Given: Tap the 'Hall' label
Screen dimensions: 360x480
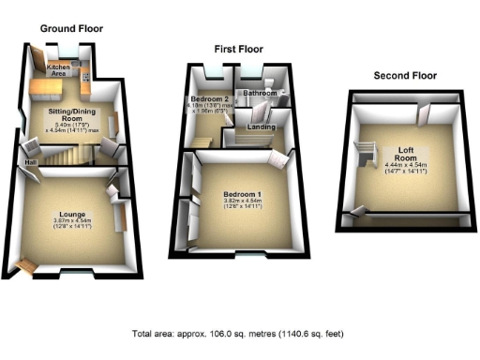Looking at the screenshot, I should click(30, 163).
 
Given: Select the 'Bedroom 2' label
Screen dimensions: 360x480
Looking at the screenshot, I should click(210, 97).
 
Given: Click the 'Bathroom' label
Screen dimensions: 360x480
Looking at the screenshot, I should click(260, 94).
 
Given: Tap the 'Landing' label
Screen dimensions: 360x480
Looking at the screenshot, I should click(260, 127).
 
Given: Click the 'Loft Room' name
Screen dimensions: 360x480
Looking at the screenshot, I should click(405, 153).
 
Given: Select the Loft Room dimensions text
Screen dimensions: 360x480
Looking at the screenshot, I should click(405, 170).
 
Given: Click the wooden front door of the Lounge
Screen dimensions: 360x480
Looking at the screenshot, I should click(26, 267).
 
